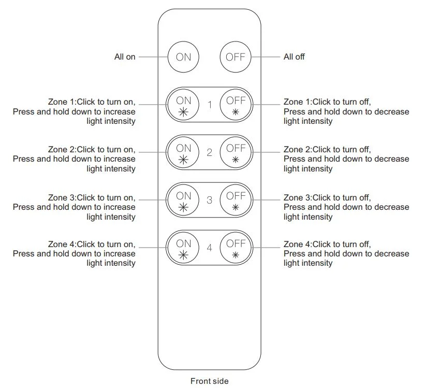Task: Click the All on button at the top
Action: [x=183, y=56]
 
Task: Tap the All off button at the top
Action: [x=236, y=56]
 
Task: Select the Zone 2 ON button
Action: [x=183, y=152]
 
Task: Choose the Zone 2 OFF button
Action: [x=236, y=152]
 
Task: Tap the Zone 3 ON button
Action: [x=183, y=200]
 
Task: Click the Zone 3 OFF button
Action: [x=236, y=200]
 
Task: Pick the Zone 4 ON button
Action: [x=183, y=248]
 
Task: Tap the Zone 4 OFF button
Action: [x=236, y=248]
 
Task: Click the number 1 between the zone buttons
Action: [x=210, y=105]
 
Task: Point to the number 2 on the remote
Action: [x=210, y=153]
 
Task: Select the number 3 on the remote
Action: [x=210, y=200]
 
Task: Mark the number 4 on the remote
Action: [x=210, y=248]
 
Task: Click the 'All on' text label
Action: [x=125, y=57]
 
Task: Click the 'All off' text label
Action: [x=294, y=57]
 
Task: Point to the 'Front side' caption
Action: [x=209, y=381]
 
